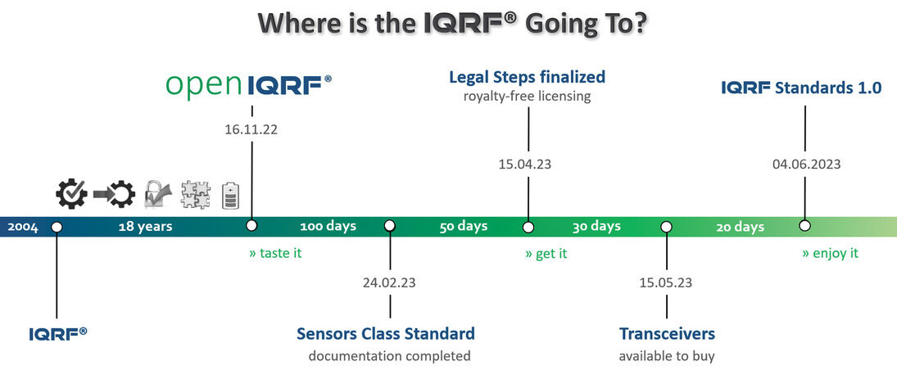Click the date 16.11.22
coord(251,129)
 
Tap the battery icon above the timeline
coord(230,196)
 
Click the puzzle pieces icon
coord(195,195)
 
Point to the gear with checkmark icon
coord(71,194)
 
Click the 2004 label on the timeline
coord(23,227)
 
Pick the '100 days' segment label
coord(328,226)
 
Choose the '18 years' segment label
coord(145,227)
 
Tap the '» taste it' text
coord(275,253)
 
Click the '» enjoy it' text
coord(830,253)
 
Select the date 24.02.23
coord(389,282)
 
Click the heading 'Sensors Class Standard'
coord(386,333)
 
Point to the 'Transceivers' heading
coord(667,333)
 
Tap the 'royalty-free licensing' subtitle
coord(527,96)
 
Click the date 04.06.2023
coord(806,165)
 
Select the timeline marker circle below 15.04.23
coord(528,227)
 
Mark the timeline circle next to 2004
coord(56,227)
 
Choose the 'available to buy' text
coord(667,356)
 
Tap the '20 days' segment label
coord(741,227)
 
